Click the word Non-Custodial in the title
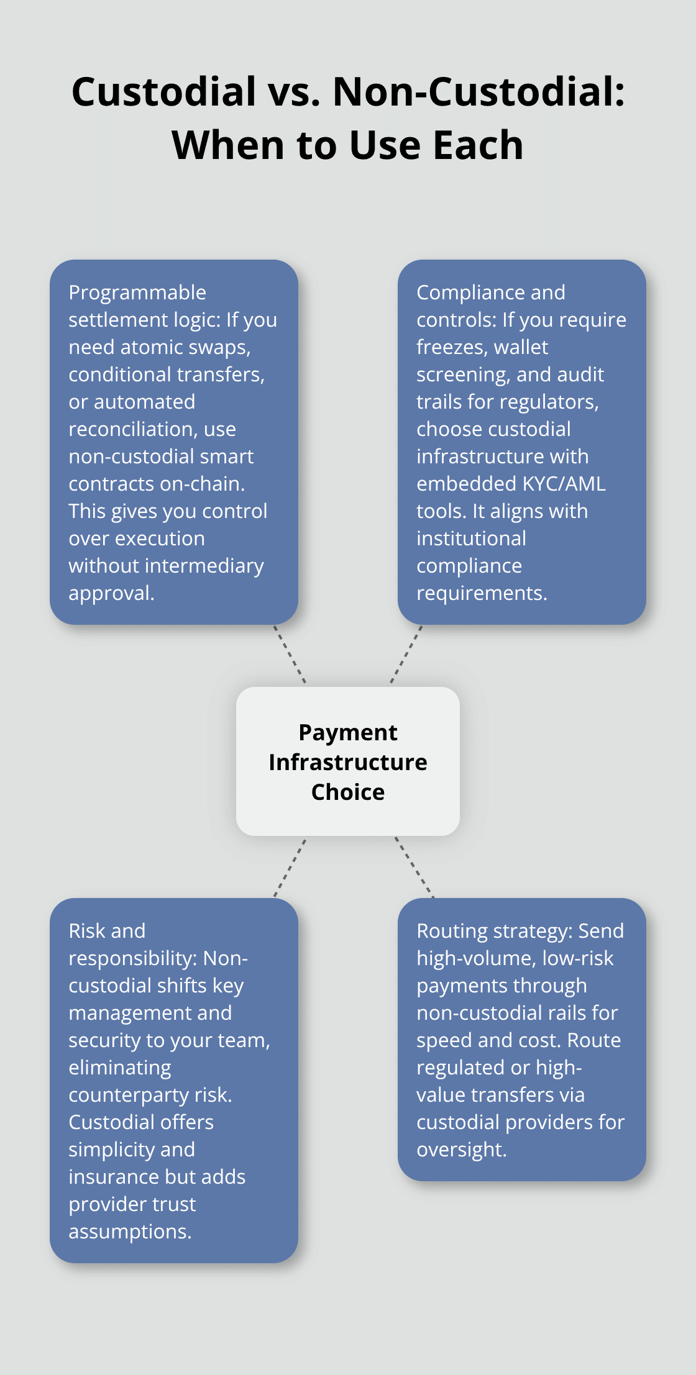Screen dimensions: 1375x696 pyautogui.click(x=478, y=92)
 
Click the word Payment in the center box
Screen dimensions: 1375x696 pyautogui.click(x=348, y=733)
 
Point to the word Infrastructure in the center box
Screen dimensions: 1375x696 pyautogui.click(x=348, y=763)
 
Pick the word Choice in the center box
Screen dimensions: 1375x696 pyautogui.click(x=348, y=792)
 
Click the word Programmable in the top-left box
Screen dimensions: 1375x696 pyautogui.click(x=137, y=293)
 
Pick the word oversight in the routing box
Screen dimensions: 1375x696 pyautogui.click(x=462, y=1150)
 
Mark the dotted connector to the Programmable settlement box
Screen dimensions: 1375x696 pyautogui.click(x=290, y=655)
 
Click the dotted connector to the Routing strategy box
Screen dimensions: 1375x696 pyautogui.click(x=414, y=867)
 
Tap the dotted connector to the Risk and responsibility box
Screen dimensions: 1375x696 pyautogui.click(x=290, y=868)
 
